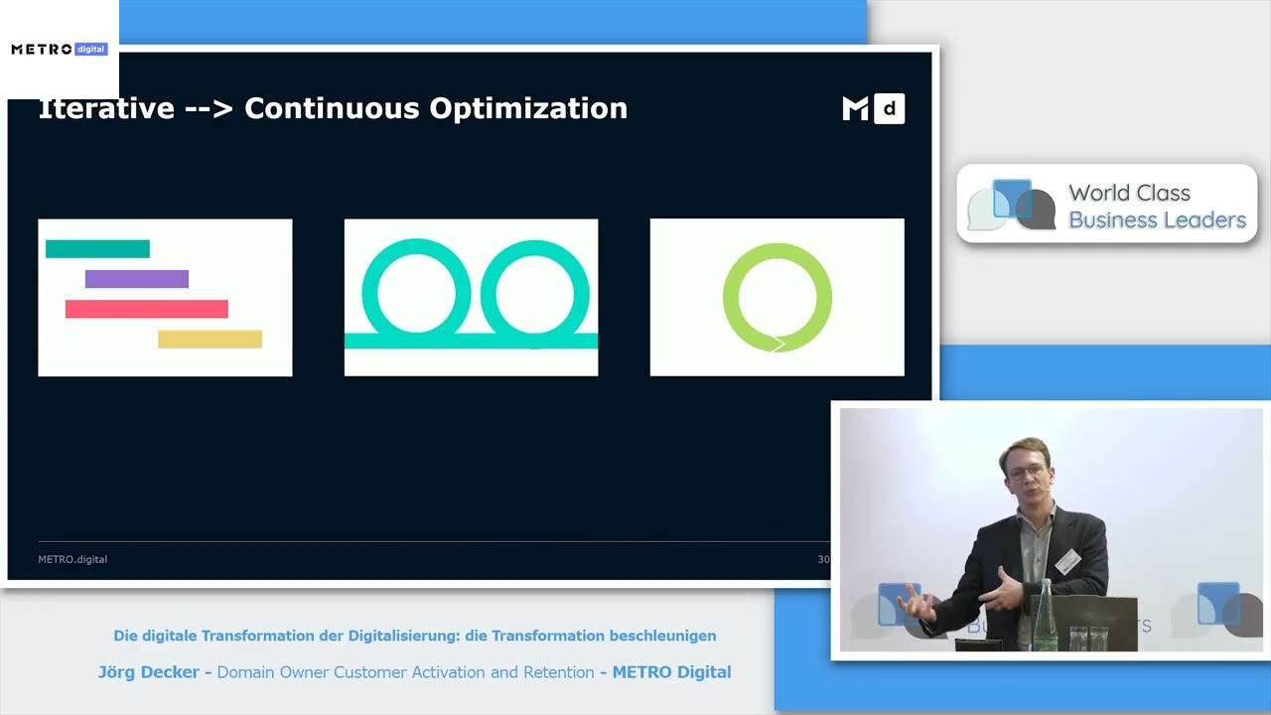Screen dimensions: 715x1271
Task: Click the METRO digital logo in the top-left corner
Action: coord(59,49)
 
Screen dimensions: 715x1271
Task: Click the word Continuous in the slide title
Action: coord(332,108)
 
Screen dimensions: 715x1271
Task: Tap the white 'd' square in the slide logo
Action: coord(889,108)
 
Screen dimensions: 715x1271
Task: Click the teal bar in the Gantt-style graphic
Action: coord(97,248)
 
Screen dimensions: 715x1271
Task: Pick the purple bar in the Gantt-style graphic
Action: coord(136,279)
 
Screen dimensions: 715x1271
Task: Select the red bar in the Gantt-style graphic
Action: coord(146,309)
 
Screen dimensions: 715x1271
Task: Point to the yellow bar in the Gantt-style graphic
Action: coord(210,340)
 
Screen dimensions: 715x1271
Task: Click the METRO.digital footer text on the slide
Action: coord(72,559)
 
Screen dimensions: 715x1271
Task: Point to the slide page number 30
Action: coord(823,559)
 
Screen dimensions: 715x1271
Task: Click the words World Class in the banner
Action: coord(1129,193)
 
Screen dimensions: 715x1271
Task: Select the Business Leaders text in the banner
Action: coord(1157,219)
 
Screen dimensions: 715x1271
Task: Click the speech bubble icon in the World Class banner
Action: coord(1011,204)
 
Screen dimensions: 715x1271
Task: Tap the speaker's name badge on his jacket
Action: coord(1067,562)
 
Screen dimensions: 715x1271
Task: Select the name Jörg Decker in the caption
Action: coord(148,672)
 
